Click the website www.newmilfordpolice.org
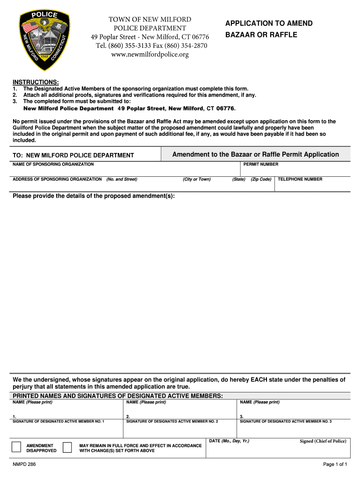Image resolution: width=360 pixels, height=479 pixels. click(x=150, y=55)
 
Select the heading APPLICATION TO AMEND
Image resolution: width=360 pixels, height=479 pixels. click(x=269, y=23)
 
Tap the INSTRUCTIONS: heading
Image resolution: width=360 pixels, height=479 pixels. click(x=36, y=82)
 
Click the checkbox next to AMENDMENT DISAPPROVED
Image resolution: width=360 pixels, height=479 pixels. click(x=16, y=447)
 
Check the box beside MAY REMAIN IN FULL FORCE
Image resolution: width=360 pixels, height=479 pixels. click(x=67, y=447)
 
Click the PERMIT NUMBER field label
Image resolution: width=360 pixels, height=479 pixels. click(x=261, y=164)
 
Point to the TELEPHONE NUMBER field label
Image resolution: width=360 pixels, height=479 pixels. click(x=300, y=179)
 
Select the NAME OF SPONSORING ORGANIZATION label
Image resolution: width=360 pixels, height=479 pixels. click(x=53, y=164)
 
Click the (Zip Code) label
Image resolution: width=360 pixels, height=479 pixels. click(x=261, y=179)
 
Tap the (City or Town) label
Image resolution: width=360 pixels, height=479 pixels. click(x=196, y=179)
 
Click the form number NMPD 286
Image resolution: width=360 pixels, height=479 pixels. click(x=24, y=464)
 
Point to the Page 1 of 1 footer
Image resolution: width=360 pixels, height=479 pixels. click(x=335, y=464)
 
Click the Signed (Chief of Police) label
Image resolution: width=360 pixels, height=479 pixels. click(x=323, y=441)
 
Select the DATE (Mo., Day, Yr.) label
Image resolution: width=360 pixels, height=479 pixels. click(x=229, y=441)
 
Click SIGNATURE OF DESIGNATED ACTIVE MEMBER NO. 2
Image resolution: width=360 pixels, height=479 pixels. click(x=172, y=421)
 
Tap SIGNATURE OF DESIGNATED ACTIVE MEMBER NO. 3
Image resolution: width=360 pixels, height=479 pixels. click(x=286, y=421)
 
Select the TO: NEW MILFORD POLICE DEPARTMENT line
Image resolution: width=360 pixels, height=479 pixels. click(x=73, y=155)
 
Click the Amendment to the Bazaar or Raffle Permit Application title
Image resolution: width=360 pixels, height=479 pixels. click(x=255, y=154)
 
